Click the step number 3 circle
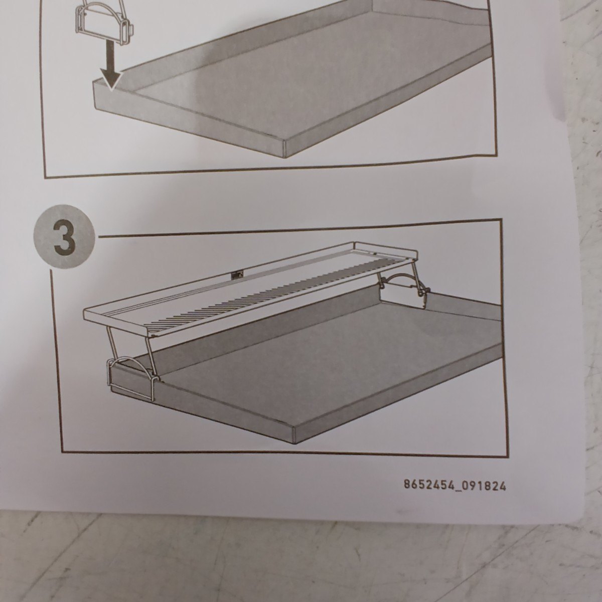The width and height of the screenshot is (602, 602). (x=64, y=236)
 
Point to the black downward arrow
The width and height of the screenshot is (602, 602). (x=111, y=65)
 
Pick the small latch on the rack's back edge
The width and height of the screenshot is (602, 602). (x=236, y=275)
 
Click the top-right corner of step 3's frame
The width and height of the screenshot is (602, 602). (x=502, y=219)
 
